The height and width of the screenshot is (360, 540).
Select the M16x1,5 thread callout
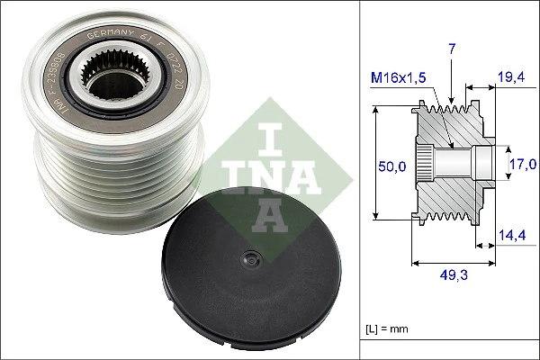click(x=399, y=77)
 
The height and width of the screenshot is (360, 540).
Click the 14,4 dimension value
click(x=510, y=235)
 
